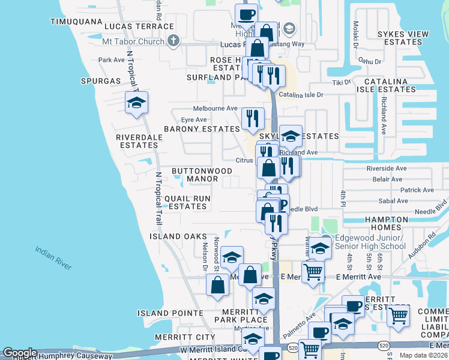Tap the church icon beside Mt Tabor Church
[x=173, y=41]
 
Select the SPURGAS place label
[x=100, y=80]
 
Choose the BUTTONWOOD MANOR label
[x=202, y=175]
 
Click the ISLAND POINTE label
[x=170, y=313]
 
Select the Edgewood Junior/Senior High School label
[x=370, y=242]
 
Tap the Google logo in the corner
[x=20, y=353]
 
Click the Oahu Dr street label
[x=370, y=61]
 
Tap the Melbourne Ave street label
[x=215, y=108]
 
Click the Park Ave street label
[x=111, y=60]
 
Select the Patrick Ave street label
[x=417, y=190]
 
